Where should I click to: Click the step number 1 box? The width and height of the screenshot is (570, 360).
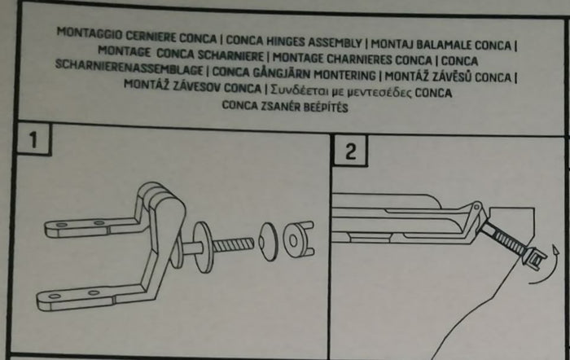(x=33, y=140)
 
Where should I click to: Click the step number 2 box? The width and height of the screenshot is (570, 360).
(x=351, y=152)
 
